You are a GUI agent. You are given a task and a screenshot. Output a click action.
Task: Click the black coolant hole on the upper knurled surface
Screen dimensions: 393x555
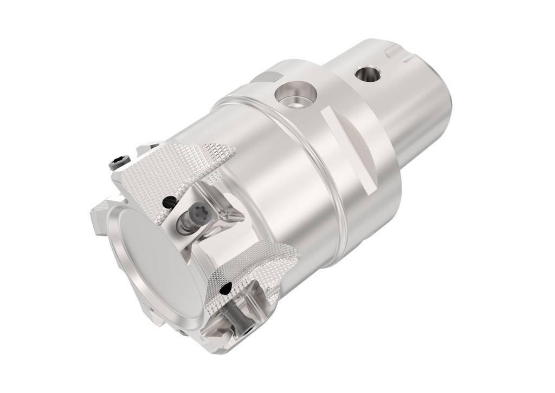[x=169, y=202]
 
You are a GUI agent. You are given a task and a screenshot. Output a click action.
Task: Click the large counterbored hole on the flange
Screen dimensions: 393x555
[x=295, y=95]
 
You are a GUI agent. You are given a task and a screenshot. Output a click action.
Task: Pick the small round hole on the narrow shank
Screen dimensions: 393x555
[x=368, y=74]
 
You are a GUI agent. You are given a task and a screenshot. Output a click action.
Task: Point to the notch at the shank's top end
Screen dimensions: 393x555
[x=398, y=53]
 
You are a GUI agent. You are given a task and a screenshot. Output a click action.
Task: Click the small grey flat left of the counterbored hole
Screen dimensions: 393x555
[x=266, y=77]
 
